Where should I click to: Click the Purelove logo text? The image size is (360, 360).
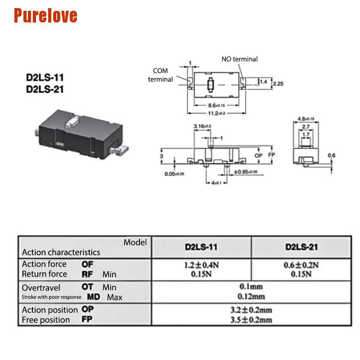click(45, 15)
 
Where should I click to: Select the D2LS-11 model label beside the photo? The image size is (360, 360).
click(45, 77)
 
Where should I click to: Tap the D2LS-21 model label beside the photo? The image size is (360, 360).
click(45, 89)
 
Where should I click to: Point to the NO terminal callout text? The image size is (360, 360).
click(239, 59)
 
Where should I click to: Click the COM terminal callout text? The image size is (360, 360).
click(160, 75)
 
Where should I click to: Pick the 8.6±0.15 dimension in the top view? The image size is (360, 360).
click(216, 105)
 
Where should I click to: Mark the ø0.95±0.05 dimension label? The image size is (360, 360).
click(246, 172)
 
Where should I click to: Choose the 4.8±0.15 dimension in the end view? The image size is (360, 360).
click(306, 119)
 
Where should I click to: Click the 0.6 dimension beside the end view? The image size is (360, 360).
click(331, 155)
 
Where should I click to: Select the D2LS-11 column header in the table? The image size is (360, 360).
click(201, 247)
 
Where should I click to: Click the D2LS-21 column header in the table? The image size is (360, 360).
click(301, 247)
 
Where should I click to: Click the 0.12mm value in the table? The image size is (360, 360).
click(252, 296)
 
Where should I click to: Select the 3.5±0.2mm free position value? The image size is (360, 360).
click(252, 320)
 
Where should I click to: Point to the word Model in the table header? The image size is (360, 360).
click(135, 243)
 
